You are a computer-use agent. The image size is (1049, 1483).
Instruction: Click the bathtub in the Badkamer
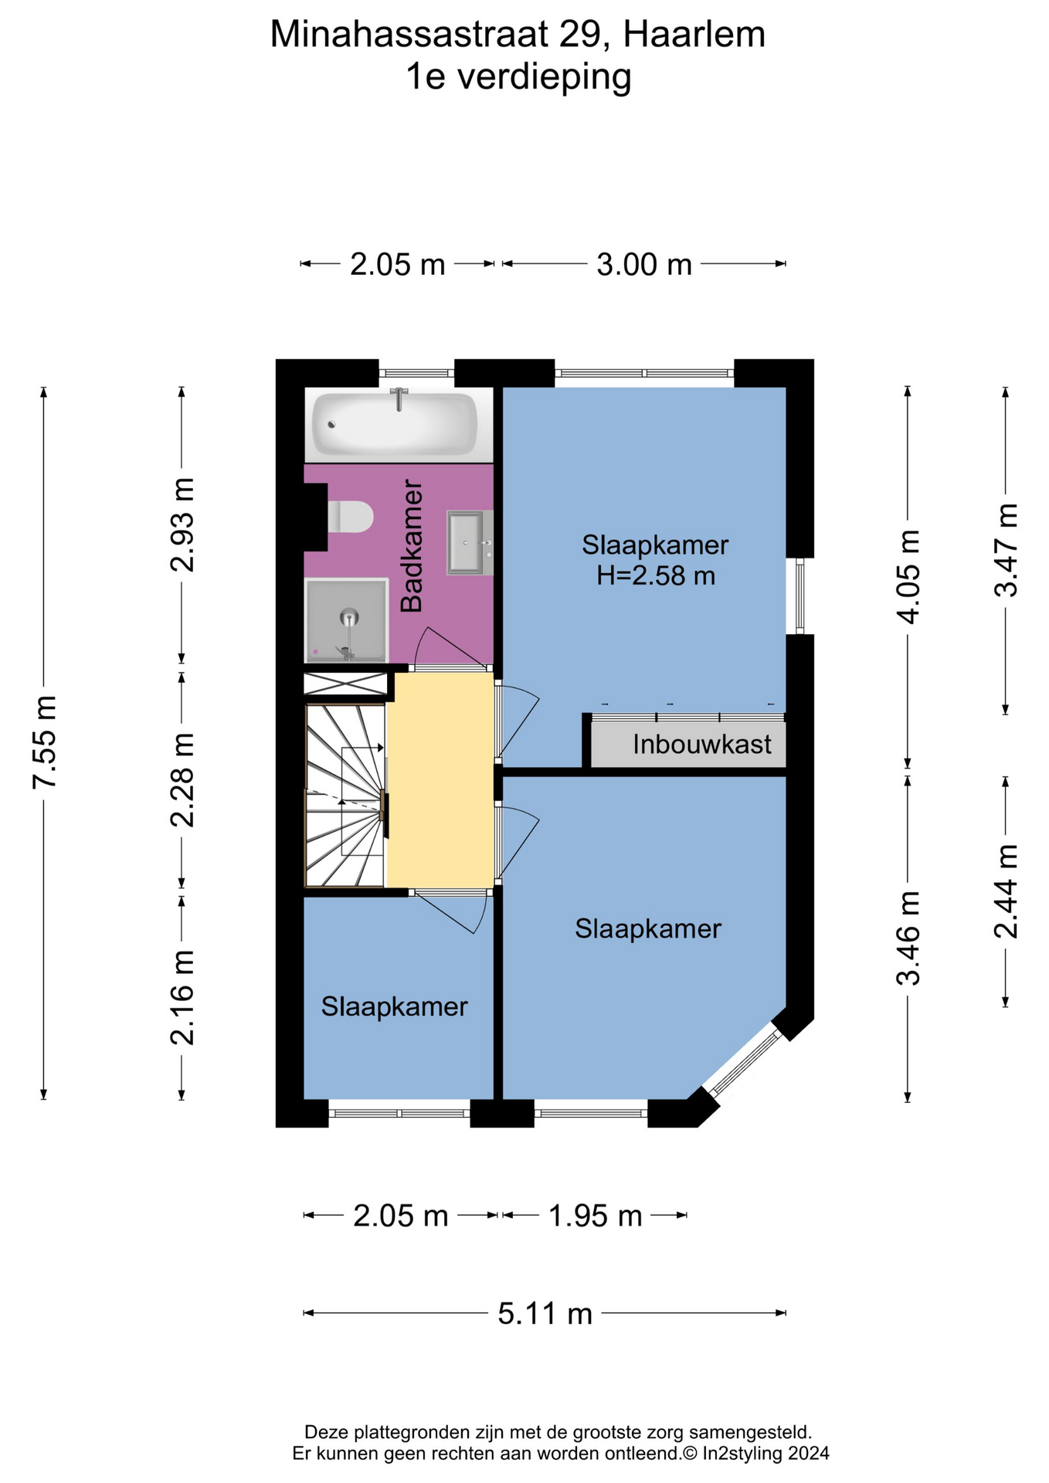(x=395, y=424)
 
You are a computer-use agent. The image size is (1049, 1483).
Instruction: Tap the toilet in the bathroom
(x=351, y=517)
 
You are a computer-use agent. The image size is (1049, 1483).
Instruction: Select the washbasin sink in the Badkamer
(x=467, y=542)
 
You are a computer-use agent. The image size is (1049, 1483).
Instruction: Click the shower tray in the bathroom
(x=347, y=620)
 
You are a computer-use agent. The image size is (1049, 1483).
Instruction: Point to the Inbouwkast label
(x=701, y=745)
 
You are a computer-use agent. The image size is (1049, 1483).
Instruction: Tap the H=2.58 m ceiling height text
(x=655, y=575)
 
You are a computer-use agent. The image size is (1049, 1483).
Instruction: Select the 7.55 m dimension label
(x=45, y=742)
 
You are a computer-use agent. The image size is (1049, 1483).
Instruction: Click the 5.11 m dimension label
(x=545, y=1313)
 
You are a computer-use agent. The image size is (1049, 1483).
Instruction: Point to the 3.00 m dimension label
(x=644, y=265)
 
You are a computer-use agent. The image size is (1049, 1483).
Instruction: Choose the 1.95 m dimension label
(x=595, y=1217)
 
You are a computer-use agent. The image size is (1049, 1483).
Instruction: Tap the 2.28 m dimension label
(x=182, y=779)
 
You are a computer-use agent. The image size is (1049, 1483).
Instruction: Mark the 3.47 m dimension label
(x=1005, y=549)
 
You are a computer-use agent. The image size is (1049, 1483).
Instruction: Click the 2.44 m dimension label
(x=1005, y=891)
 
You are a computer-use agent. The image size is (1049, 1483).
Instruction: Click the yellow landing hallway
(x=440, y=781)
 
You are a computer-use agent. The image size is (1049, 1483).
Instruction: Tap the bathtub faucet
(x=399, y=399)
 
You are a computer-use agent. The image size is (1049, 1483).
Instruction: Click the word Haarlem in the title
(x=694, y=35)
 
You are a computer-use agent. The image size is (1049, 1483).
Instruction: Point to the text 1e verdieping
(x=518, y=77)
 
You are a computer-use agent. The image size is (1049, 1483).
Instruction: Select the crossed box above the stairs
(x=345, y=684)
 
